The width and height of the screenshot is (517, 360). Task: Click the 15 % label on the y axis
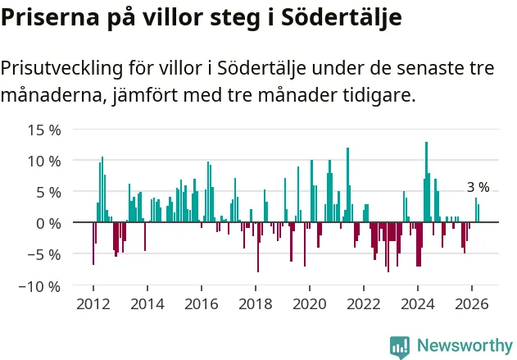tap(44, 130)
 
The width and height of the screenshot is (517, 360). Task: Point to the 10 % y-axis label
tap(44, 162)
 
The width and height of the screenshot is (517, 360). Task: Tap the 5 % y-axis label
tap(48, 193)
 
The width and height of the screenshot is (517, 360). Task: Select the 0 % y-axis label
tap(48, 224)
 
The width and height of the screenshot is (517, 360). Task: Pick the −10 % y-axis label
tap(40, 286)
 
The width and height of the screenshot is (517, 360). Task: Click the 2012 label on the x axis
tap(93, 304)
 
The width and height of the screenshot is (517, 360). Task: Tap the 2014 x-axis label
tap(147, 304)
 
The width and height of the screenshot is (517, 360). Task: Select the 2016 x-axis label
tap(202, 304)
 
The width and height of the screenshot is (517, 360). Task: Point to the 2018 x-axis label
tap(256, 304)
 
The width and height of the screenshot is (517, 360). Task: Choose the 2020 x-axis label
tap(310, 304)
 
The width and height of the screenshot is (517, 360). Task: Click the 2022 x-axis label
tap(364, 304)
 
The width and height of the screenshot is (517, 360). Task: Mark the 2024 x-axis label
tap(418, 304)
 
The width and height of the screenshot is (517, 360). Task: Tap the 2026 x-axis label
tap(472, 304)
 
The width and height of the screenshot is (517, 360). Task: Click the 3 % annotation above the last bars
tap(478, 187)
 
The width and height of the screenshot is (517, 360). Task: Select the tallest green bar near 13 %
tap(426, 182)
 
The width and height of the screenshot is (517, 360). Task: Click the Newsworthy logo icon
tap(400, 347)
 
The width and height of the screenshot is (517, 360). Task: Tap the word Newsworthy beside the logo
tap(465, 345)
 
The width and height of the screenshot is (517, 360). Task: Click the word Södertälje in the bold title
tap(342, 16)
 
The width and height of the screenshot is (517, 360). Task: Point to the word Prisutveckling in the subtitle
tap(61, 69)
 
